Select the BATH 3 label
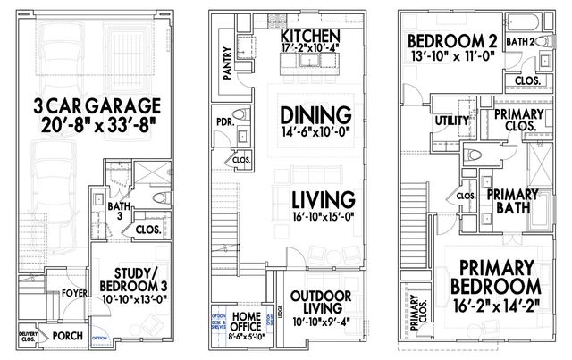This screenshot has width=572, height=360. pyautogui.click(x=116, y=212)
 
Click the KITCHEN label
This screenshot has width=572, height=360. pyautogui.click(x=309, y=36)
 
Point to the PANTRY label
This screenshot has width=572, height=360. pyautogui.click(x=228, y=64)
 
